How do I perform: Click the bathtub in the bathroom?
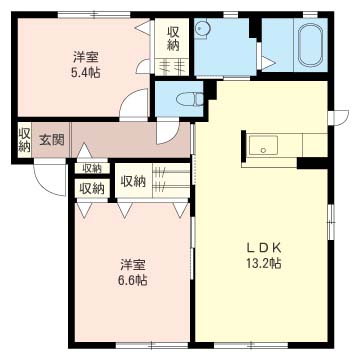[312, 45]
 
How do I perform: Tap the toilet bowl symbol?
[190, 99]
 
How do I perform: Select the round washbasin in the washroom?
[201, 29]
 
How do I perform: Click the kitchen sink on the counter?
[263, 145]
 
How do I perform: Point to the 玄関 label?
[52, 140]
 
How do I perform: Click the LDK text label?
[264, 248]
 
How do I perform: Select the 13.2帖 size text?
[264, 263]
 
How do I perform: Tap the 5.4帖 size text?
[85, 72]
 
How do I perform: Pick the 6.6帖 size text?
[132, 280]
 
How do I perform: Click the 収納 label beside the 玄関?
[24, 140]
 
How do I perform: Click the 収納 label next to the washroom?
[173, 39]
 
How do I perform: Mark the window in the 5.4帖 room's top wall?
[94, 14]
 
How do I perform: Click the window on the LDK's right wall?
[330, 222]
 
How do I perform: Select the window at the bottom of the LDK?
[251, 344]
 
